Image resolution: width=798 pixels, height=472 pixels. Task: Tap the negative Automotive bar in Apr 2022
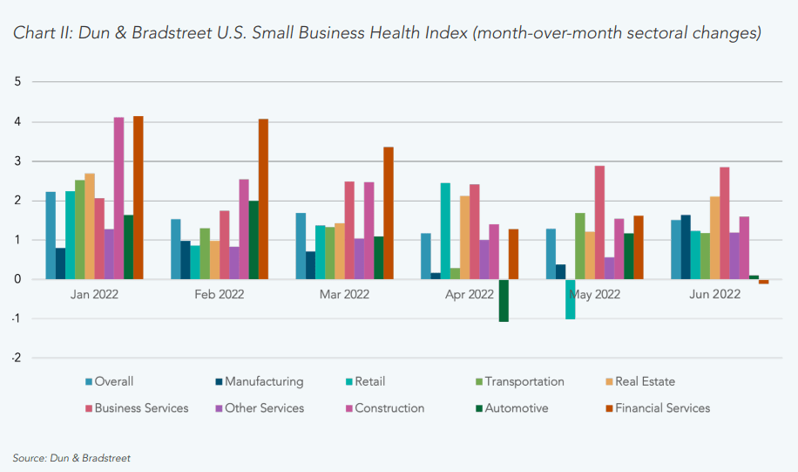[504, 300]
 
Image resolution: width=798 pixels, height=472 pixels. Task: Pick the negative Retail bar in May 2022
[570, 299]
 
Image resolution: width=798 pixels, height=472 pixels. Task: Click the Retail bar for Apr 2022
[445, 231]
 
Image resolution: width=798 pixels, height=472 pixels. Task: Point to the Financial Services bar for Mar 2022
[389, 213]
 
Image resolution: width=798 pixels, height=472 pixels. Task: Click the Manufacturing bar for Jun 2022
[686, 247]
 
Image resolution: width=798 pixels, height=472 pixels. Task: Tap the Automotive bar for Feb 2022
[254, 240]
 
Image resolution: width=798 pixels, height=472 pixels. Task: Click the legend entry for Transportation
[524, 381]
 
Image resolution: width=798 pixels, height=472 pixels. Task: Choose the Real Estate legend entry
[645, 381]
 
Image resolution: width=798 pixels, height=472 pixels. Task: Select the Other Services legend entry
[264, 407]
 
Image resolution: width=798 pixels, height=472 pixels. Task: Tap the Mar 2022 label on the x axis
[344, 295]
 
